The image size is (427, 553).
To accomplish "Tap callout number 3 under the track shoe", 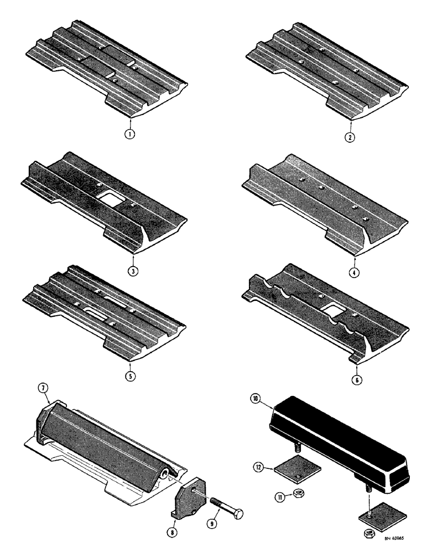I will (133, 271).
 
